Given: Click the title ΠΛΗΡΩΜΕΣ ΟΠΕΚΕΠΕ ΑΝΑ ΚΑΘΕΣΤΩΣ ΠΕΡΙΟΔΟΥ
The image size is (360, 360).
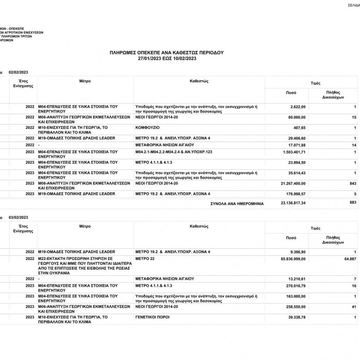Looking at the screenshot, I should pos(166,52).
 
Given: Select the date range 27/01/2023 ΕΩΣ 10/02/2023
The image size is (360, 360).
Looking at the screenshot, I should pos(166,58).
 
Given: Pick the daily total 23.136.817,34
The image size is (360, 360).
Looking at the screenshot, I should pos(293,203).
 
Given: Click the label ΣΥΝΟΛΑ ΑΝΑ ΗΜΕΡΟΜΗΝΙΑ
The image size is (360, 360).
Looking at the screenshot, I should pos(237,204).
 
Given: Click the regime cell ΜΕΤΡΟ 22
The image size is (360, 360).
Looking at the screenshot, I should pos(146,259).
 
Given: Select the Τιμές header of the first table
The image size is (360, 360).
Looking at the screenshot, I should pos(315,83).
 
